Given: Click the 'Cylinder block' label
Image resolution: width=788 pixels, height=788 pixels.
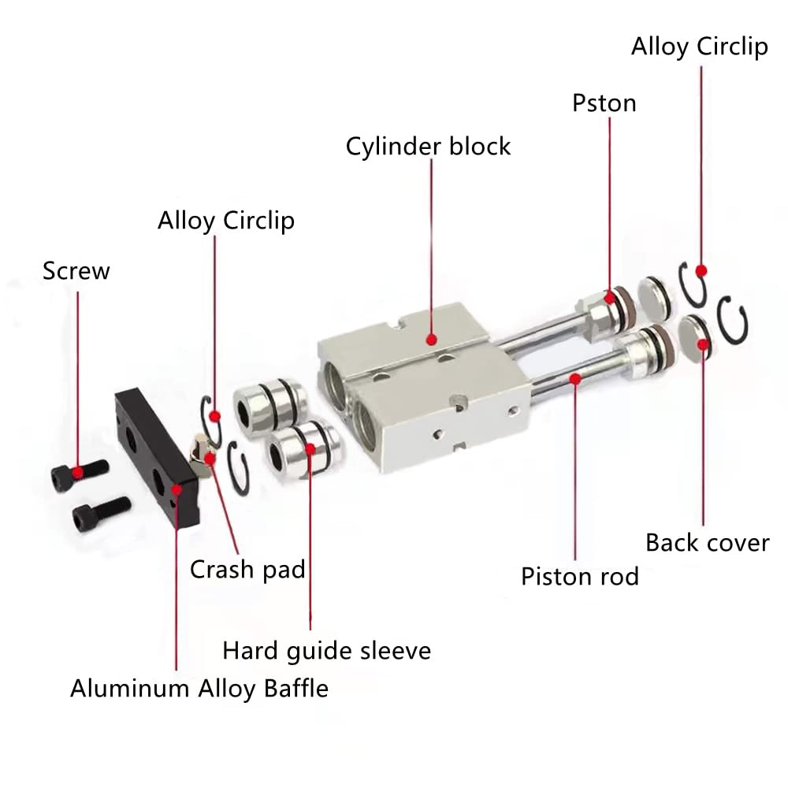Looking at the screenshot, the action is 428,147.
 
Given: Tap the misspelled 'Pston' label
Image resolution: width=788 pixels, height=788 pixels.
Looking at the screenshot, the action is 604,103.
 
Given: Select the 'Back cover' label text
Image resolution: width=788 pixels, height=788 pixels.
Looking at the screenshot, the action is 708,543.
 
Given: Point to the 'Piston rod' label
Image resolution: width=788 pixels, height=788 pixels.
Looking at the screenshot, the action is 580,577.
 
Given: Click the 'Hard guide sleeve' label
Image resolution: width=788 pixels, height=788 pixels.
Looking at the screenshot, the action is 327,652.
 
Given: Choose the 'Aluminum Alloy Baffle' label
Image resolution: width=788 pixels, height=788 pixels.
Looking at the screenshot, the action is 199,689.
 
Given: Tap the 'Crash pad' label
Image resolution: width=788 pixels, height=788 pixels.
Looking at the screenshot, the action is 247,570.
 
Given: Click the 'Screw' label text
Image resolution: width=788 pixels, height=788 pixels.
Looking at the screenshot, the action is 76,271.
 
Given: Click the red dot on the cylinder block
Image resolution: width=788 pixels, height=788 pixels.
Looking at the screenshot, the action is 431,340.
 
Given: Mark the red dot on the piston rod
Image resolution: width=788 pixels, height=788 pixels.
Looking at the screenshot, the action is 576,378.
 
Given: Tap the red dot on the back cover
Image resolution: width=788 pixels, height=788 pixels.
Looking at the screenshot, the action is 703,344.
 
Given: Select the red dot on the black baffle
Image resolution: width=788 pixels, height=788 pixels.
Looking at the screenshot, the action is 177,490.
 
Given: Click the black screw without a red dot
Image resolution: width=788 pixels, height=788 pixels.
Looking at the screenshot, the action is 102,514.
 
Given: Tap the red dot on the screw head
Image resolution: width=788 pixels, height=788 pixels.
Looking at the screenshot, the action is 78,472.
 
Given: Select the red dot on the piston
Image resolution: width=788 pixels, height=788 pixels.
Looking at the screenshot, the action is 610,298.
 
